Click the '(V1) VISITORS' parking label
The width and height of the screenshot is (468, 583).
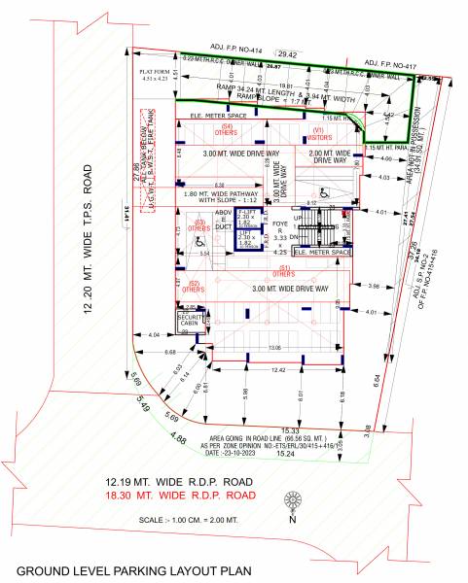click(x=317, y=133)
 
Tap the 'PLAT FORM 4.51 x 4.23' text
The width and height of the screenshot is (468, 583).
click(x=156, y=77)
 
